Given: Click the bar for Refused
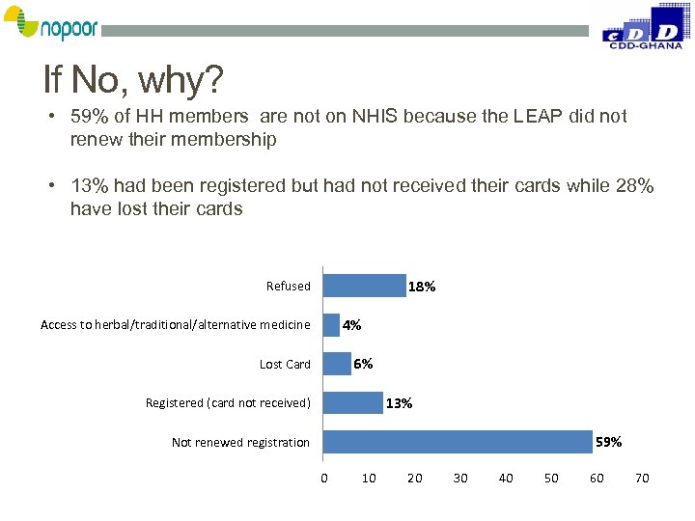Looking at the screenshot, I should click(x=364, y=286).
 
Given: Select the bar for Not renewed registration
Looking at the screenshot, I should click(x=458, y=442).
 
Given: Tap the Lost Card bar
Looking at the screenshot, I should click(x=337, y=364).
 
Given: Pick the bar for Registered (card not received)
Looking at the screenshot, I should click(x=352, y=402).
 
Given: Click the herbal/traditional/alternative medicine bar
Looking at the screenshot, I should click(x=332, y=325).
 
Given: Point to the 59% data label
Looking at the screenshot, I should click(x=609, y=442).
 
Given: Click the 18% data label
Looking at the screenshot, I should click(x=422, y=287).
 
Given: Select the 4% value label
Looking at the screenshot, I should click(x=352, y=325).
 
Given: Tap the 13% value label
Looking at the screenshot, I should click(x=399, y=403).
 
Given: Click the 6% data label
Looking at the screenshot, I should click(x=363, y=364).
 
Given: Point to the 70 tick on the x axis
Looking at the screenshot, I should click(x=642, y=479).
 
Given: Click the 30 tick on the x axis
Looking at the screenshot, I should click(x=460, y=479).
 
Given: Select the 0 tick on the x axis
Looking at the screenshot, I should click(x=324, y=479).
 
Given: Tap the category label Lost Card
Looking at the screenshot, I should click(x=285, y=365).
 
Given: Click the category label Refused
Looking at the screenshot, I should click(x=289, y=287).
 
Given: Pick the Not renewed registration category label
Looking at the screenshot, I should click(x=240, y=443).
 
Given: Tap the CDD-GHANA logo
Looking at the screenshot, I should click(x=642, y=26).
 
